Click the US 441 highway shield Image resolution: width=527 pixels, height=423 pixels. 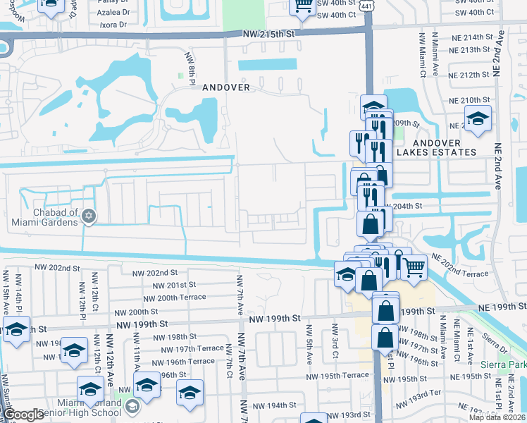[367, 5]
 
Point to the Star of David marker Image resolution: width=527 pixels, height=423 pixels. [88, 216]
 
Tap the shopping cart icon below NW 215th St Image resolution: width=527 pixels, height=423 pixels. [303, 6]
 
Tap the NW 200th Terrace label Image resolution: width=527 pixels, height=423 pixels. [172, 298]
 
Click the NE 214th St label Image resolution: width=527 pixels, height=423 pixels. [472, 37]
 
